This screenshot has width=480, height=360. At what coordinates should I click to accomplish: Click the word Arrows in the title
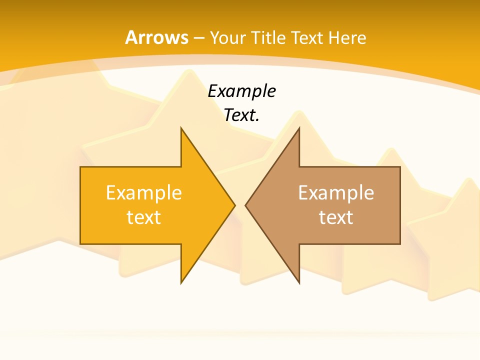pyautogui.click(x=156, y=37)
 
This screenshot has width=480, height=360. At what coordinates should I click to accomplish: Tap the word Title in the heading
pyautogui.click(x=268, y=38)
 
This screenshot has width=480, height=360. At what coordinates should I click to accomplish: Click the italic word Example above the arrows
pyautogui.click(x=241, y=91)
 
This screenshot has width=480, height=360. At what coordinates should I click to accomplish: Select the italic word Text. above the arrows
pyautogui.click(x=241, y=115)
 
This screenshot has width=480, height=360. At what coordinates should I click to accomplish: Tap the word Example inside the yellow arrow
pyautogui.click(x=143, y=192)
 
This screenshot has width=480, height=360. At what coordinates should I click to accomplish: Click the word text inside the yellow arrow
pyautogui.click(x=143, y=217)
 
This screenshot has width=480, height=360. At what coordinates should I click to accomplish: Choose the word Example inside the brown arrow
pyautogui.click(x=336, y=192)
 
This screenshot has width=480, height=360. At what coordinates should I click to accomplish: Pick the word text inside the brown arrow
pyautogui.click(x=336, y=217)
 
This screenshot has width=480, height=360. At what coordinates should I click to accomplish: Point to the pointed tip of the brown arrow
pyautogui.click(x=246, y=205)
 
